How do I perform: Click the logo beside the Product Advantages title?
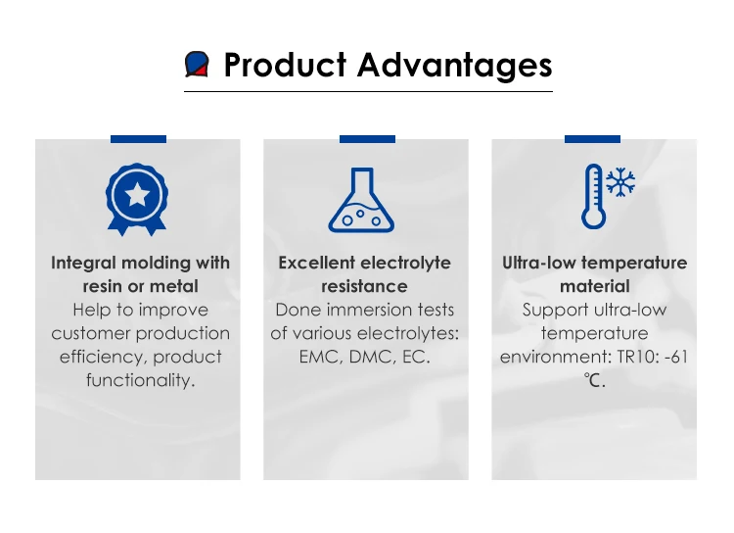[197, 65]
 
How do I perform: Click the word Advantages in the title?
[454, 66]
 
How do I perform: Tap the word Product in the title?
[285, 65]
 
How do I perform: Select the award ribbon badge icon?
[137, 199]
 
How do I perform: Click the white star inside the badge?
[137, 195]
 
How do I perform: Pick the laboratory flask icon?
[361, 200]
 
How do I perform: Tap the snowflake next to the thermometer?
[620, 182]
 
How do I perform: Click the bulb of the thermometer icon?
[594, 218]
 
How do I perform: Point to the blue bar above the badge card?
[139, 139]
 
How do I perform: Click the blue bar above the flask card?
[367, 139]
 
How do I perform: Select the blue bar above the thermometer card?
[593, 139]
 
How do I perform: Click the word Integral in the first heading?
[84, 264]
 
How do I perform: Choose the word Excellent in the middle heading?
[316, 263]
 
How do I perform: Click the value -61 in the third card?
[676, 358]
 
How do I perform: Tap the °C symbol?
[594, 380]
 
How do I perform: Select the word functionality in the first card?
[140, 380]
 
